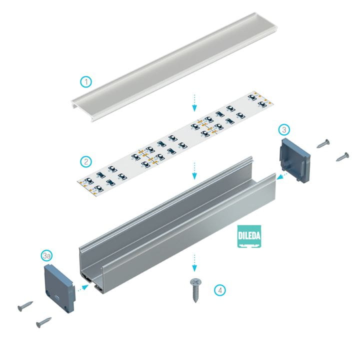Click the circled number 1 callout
pyautogui.click(x=86, y=81)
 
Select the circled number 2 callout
pyautogui.click(x=86, y=161)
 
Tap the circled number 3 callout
pyautogui.click(x=284, y=129)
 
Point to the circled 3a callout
pyautogui.click(x=47, y=256)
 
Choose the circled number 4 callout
pyautogui.click(x=220, y=290)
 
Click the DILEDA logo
pyautogui.click(x=249, y=236)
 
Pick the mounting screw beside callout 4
pyautogui.click(x=195, y=290)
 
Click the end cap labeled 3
pyautogui.click(x=295, y=160)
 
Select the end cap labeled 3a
pyautogui.click(x=59, y=288)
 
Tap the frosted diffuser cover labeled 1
pyautogui.click(x=174, y=66)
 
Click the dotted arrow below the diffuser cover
pyautogui.click(x=194, y=102)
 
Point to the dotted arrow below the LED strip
pyautogui.click(x=194, y=171)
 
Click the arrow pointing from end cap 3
pyautogui.click(x=282, y=176)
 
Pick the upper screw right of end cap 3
pyautogui.click(x=323, y=143)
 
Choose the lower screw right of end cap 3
pyautogui.click(x=342, y=156)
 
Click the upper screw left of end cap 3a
pyautogui.click(x=25, y=306)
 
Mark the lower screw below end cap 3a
pyautogui.click(x=44, y=322)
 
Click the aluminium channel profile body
pyautogui.click(x=177, y=227)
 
